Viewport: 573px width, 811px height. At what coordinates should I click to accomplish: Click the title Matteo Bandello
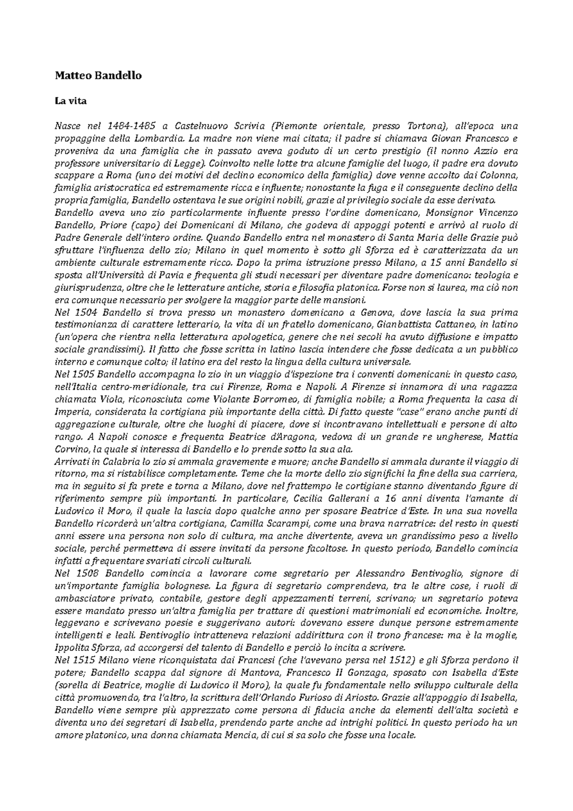click(98, 76)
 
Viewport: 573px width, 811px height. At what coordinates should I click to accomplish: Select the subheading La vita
click(71, 101)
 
